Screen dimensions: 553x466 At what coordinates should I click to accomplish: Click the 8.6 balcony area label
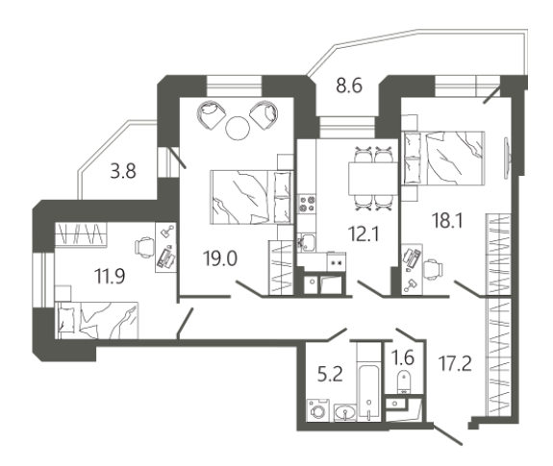(x=349, y=86)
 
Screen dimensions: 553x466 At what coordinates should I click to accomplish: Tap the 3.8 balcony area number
(x=123, y=172)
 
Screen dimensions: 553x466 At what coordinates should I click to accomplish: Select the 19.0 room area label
(x=220, y=258)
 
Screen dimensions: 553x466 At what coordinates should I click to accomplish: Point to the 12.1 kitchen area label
(x=364, y=233)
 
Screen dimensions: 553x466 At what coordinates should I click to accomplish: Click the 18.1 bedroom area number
(x=447, y=221)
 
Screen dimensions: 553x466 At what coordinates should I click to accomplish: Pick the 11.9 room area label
(x=110, y=276)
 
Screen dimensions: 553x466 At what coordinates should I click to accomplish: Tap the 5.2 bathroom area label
(x=330, y=374)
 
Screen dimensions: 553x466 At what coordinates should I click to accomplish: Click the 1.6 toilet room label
(x=403, y=358)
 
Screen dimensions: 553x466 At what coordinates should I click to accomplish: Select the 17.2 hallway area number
(x=455, y=363)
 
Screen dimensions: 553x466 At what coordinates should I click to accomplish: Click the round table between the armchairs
(x=238, y=128)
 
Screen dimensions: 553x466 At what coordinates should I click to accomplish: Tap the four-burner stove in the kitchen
(x=307, y=204)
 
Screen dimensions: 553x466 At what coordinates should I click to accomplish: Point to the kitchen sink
(x=306, y=242)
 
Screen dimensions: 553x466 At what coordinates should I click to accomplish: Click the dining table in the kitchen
(x=373, y=178)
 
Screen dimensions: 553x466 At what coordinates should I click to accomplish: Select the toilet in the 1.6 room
(x=403, y=381)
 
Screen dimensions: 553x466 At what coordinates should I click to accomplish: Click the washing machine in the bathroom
(x=318, y=410)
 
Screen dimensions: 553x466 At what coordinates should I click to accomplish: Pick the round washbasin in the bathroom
(x=345, y=412)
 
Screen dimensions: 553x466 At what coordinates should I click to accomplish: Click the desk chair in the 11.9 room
(x=144, y=248)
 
